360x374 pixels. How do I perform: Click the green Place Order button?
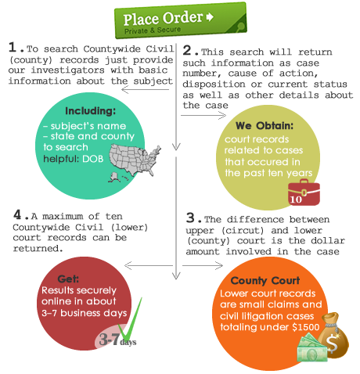(181, 20)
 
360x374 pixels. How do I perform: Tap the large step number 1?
(13, 47)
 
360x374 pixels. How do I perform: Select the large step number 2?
(187, 50)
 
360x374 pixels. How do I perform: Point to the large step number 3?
(190, 218)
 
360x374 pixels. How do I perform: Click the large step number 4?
(17, 214)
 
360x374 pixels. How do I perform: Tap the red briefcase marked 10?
(304, 192)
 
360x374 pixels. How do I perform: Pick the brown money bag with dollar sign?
(333, 335)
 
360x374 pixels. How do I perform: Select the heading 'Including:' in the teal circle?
(90, 111)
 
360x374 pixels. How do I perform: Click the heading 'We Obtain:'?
(265, 126)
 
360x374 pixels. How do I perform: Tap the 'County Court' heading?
(265, 281)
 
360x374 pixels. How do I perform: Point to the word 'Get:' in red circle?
(68, 279)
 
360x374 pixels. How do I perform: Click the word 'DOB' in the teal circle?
(93, 159)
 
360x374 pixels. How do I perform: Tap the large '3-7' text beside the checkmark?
(110, 339)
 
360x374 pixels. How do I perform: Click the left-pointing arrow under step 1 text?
(145, 90)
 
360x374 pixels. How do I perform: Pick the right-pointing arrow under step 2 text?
(203, 116)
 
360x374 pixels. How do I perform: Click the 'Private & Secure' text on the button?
(153, 31)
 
